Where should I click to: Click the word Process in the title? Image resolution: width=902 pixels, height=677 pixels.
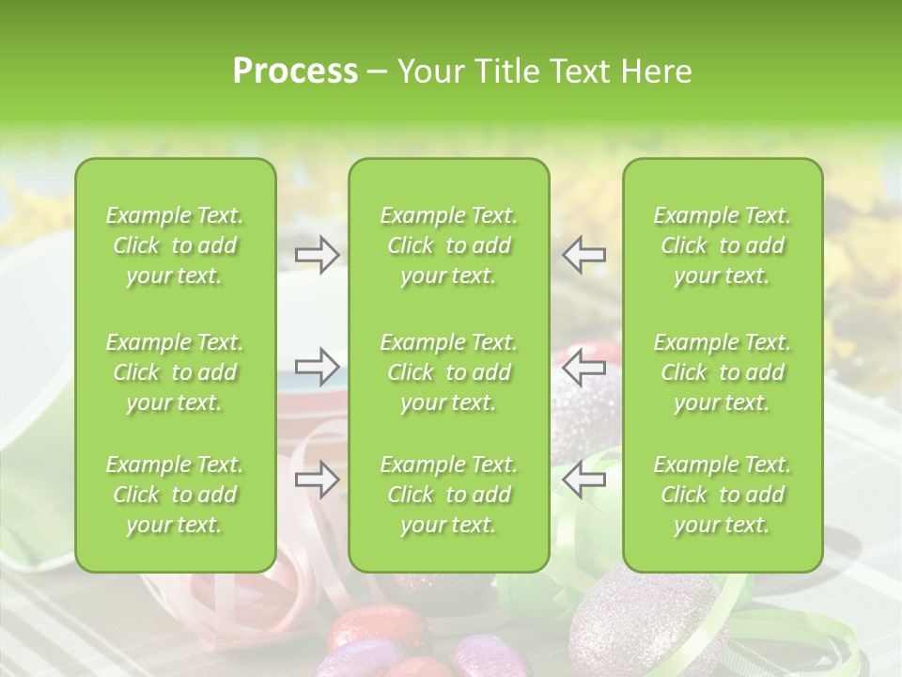tap(294, 71)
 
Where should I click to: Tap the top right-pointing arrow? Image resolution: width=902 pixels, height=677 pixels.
tap(317, 254)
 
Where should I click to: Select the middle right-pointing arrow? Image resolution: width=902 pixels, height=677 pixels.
tap(317, 366)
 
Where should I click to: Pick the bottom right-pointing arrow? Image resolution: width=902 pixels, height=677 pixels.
tap(317, 480)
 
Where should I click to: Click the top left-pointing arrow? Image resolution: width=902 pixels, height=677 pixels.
tap(584, 254)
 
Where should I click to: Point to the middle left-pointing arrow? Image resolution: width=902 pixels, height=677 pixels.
tap(584, 366)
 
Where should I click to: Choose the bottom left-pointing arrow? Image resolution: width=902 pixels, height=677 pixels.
tap(584, 480)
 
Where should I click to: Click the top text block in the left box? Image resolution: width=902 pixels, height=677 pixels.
tap(175, 245)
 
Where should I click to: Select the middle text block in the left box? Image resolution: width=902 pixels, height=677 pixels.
tap(175, 372)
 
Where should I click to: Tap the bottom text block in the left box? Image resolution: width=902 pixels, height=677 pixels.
tap(175, 495)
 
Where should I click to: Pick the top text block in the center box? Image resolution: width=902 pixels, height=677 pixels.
tap(448, 245)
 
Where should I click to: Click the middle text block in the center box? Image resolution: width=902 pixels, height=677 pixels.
tap(448, 372)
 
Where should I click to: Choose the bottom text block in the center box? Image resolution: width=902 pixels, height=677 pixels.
tap(448, 495)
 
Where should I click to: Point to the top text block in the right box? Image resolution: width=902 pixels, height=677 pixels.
tap(722, 245)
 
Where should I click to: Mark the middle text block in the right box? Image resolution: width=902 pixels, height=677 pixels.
tap(722, 372)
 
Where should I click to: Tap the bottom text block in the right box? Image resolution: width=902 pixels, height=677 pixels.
tap(722, 495)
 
